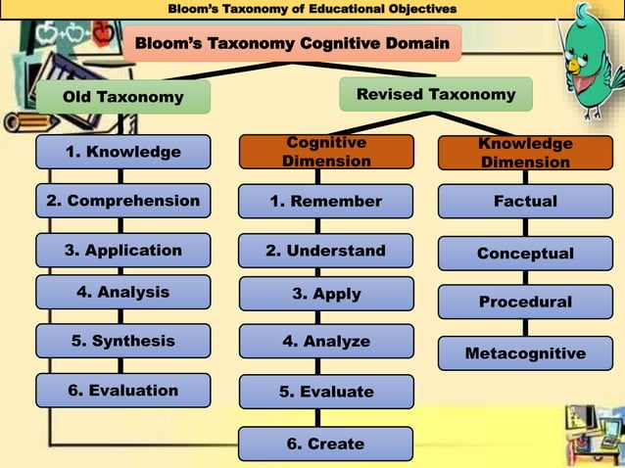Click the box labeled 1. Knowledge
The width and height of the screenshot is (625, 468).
(122, 152)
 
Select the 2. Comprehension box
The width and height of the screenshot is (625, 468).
(122, 201)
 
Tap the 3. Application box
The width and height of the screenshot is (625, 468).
(122, 250)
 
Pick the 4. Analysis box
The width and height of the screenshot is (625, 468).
(122, 292)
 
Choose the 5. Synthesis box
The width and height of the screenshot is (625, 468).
(122, 341)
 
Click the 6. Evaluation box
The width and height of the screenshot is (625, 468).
(122, 390)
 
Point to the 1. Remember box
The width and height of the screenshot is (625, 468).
(326, 201)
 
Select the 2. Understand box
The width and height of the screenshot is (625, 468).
(326, 251)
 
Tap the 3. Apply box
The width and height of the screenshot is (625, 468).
(326, 294)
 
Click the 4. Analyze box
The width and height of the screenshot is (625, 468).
(326, 342)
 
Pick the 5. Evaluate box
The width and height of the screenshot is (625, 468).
(326, 392)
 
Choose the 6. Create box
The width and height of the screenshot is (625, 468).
(324, 444)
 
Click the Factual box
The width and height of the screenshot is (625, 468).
(525, 201)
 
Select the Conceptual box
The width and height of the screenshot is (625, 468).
(525, 253)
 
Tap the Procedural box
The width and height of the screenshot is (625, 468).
(525, 302)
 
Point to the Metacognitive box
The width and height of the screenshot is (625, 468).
(525, 352)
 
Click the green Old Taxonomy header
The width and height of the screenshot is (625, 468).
(122, 97)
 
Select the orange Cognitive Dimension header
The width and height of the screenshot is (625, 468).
(326, 152)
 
